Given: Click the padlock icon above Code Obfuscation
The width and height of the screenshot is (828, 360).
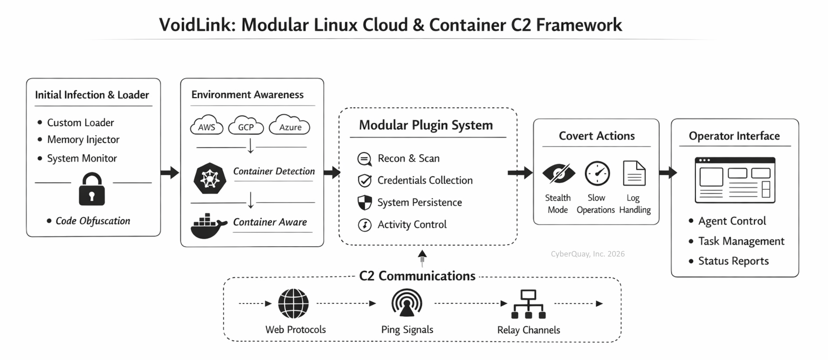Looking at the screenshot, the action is pos(92,189).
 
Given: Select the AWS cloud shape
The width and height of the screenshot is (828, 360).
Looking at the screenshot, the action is pos(206,125).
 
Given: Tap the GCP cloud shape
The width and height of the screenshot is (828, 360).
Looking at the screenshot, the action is pos(246,125).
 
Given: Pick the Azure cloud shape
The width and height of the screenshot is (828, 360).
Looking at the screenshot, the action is pos(289,124).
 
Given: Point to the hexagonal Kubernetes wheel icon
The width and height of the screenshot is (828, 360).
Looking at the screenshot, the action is pos(210,178).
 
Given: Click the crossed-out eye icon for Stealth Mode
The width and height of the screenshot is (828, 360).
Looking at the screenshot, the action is pos(558,174).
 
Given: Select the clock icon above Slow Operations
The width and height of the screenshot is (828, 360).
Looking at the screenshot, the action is pos(597,174).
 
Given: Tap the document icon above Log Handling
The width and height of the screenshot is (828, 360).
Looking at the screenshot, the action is pos(634,173).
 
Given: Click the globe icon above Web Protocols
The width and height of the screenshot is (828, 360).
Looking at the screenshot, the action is pos(293,303).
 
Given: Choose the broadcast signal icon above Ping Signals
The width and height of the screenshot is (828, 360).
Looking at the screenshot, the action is pos(406,303).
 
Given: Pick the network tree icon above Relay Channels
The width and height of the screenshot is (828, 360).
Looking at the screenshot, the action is pos(529,304).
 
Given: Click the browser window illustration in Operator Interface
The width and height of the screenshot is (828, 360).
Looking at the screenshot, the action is pos(735,180).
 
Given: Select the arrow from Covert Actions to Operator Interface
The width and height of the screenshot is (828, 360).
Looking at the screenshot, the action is pos(668,172).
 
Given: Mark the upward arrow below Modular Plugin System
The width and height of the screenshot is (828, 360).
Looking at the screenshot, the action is pos(422,258).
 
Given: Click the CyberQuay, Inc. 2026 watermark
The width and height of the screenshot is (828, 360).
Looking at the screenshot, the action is pos(588,254).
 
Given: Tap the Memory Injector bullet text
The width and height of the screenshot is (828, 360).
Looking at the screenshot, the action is pos(83,140).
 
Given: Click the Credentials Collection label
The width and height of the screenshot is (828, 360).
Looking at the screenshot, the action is pos(425,181).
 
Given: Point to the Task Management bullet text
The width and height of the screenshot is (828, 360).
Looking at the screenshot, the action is pos(741,241).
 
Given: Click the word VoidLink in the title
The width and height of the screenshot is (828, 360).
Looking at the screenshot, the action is pos(197,25).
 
